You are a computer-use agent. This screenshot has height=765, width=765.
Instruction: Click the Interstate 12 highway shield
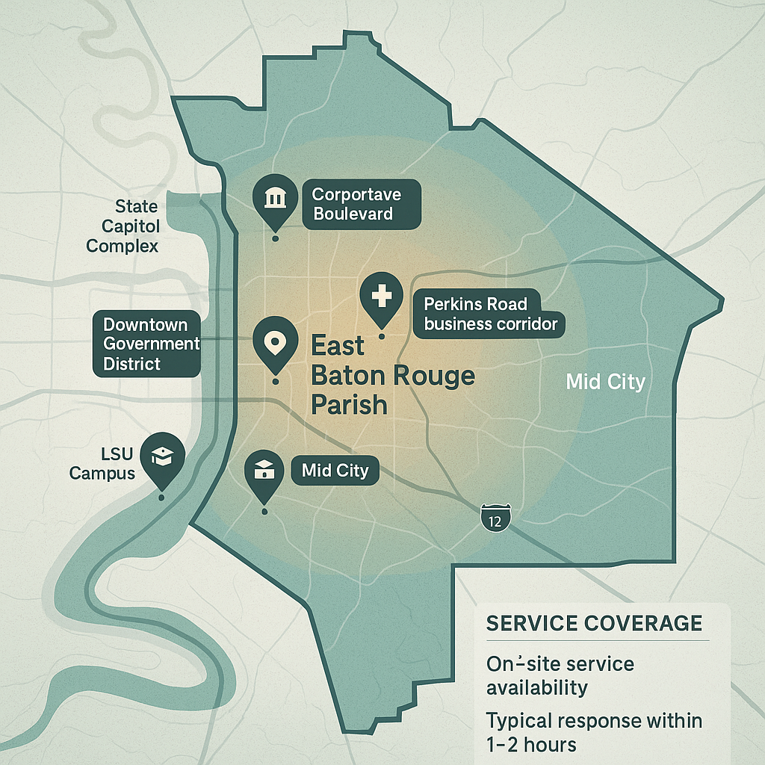pyautogui.click(x=495, y=518)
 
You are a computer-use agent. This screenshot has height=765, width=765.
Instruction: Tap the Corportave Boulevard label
pyautogui.click(x=362, y=205)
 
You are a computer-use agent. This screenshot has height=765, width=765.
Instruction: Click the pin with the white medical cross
pyautogui.click(x=381, y=297)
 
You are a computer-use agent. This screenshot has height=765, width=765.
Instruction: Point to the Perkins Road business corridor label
pyautogui.click(x=490, y=314)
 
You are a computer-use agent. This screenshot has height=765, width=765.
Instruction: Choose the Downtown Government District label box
pyautogui.click(x=146, y=344)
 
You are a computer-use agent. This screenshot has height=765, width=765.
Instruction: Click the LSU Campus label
pyautogui.click(x=102, y=463)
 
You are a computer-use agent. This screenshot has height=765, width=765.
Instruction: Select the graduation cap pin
pyautogui.click(x=162, y=456)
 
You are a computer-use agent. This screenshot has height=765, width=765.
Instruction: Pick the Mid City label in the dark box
pyautogui.click(x=335, y=471)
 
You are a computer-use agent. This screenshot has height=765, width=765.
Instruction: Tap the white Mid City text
pyautogui.click(x=605, y=382)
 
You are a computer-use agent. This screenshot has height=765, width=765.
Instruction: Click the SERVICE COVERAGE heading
pyautogui.click(x=594, y=624)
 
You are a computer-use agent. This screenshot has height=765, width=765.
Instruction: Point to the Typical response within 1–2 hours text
pyautogui.click(x=595, y=733)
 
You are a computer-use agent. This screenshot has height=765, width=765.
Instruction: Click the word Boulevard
pyautogui.click(x=353, y=214)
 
